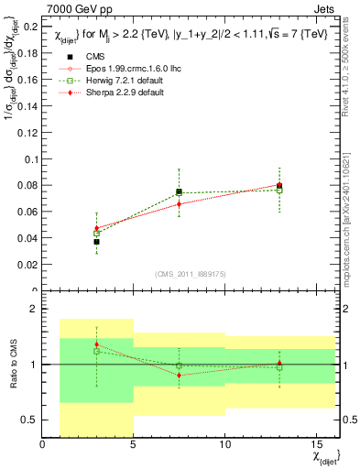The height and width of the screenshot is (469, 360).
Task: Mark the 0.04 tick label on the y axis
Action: [x=27, y=239]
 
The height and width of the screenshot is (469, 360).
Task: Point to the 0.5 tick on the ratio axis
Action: [x=30, y=420]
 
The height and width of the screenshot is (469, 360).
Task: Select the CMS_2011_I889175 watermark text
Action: [x=180, y=273]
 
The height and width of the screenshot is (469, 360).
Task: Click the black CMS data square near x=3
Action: [x=96, y=242]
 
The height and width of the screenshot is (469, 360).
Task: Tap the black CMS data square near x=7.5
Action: [x=179, y=192]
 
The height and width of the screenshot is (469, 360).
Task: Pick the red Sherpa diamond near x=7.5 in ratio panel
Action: [x=179, y=375]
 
